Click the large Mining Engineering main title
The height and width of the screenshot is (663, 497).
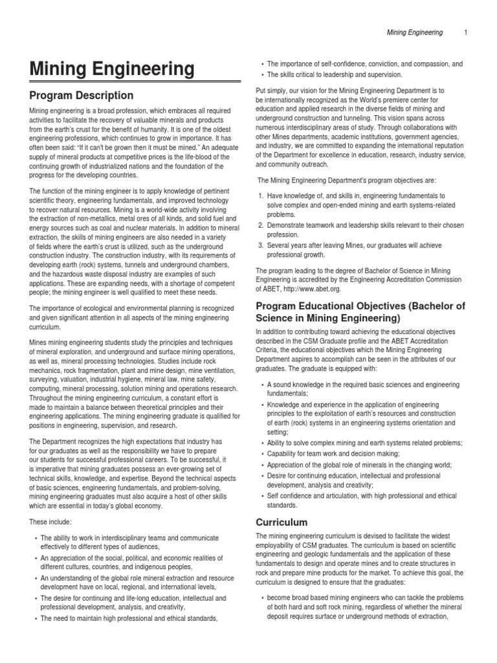(111, 69)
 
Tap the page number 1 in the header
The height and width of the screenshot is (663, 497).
(465, 32)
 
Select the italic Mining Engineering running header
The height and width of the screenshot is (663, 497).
(414, 32)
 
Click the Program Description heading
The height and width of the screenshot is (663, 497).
(82, 96)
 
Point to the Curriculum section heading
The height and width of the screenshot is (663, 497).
(282, 522)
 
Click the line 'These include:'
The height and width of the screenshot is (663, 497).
(50, 521)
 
